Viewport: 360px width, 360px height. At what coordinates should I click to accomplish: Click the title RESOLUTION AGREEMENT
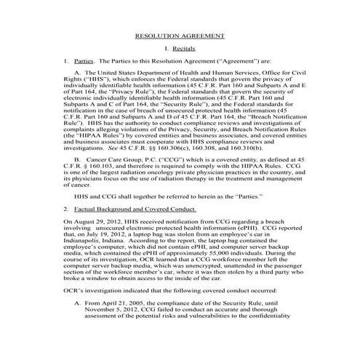pyautogui.click(x=180, y=35)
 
